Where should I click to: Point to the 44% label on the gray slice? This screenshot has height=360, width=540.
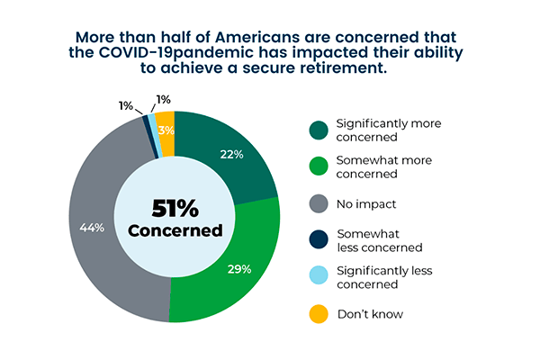[x=93, y=227]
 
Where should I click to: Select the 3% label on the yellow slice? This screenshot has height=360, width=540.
[x=166, y=130]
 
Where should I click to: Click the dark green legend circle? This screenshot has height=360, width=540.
[x=319, y=130]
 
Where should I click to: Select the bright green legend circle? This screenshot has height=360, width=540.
[x=319, y=166]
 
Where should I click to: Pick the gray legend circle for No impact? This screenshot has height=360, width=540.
[x=319, y=204]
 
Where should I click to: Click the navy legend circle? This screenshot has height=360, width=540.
[x=319, y=240]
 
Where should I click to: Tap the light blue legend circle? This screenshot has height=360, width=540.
[x=319, y=277]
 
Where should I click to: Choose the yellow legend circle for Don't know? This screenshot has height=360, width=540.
[x=319, y=314]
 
